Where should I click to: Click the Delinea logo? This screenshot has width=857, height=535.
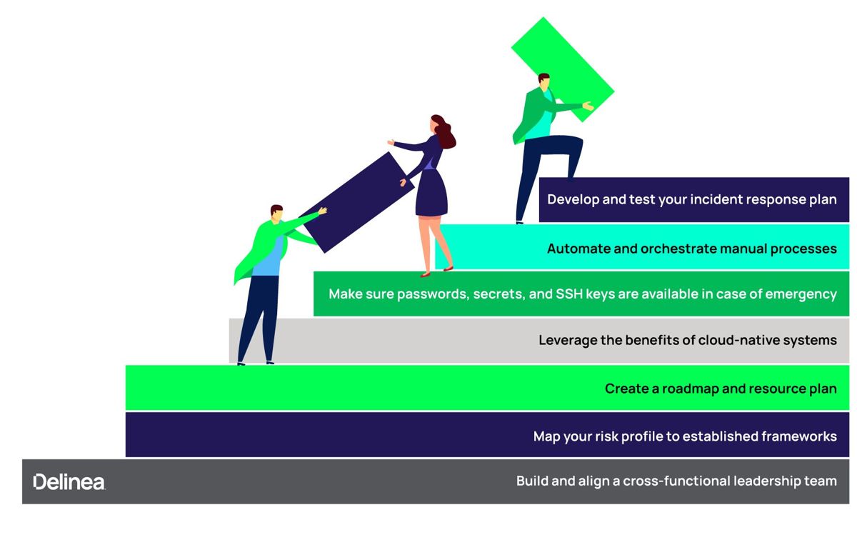click(69, 481)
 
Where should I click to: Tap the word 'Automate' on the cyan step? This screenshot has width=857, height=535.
click(576, 249)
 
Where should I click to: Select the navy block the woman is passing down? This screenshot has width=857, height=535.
click(355, 202)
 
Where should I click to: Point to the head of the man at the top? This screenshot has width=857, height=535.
click(543, 80)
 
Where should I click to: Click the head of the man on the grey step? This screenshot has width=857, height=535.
click(276, 213)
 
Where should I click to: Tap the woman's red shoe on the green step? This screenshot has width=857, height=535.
click(426, 274)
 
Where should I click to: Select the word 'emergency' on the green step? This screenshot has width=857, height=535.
click(802, 294)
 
